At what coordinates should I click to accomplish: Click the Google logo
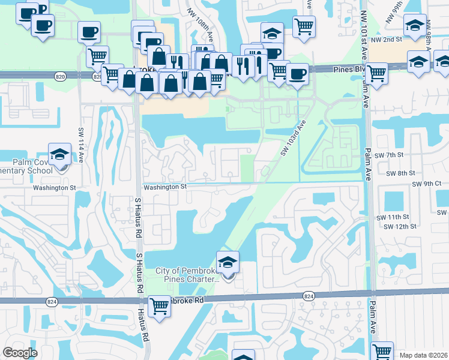(20, 353)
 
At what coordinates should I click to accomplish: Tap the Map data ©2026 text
(423, 355)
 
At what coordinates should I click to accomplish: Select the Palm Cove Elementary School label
(33, 166)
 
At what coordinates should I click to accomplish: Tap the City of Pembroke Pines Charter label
(187, 275)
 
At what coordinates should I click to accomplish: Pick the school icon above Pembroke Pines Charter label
(228, 263)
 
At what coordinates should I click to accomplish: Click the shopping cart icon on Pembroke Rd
(159, 307)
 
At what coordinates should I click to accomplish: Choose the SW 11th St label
(393, 217)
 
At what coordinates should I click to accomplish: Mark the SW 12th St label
(393, 226)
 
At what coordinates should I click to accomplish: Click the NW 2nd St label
(385, 40)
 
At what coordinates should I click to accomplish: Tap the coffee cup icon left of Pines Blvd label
(297, 74)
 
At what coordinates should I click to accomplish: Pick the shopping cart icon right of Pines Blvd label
(376, 74)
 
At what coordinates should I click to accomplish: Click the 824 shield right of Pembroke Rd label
(309, 296)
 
